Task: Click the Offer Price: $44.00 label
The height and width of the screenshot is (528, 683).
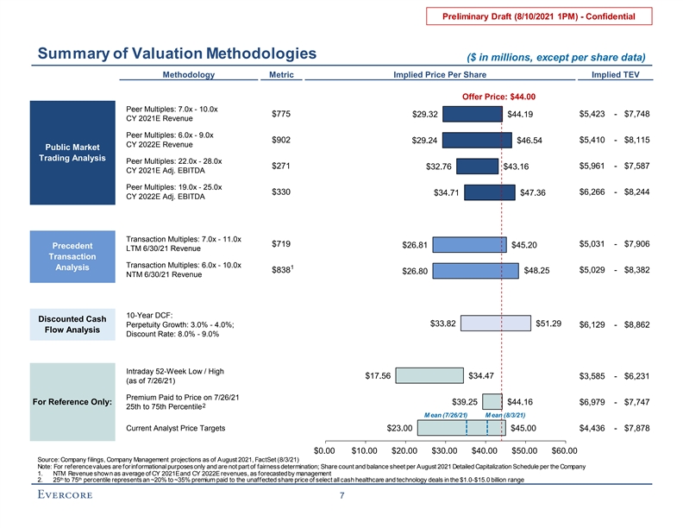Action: point(499,97)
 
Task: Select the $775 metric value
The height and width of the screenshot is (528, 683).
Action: point(281,114)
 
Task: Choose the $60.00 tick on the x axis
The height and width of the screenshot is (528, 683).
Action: point(565,450)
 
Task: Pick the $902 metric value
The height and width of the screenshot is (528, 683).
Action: point(281,140)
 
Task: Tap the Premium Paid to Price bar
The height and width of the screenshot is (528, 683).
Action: point(492,401)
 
